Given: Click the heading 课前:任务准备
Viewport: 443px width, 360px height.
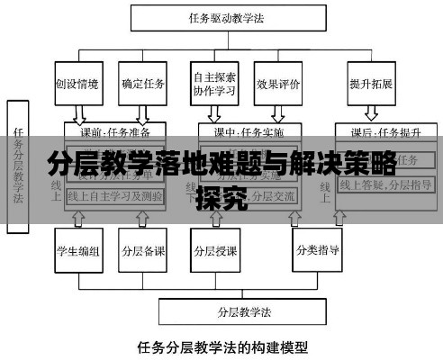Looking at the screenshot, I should point(113,131).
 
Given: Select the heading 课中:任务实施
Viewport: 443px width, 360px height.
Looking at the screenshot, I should point(248,131).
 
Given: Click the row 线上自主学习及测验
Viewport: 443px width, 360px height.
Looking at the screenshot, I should point(115,196).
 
